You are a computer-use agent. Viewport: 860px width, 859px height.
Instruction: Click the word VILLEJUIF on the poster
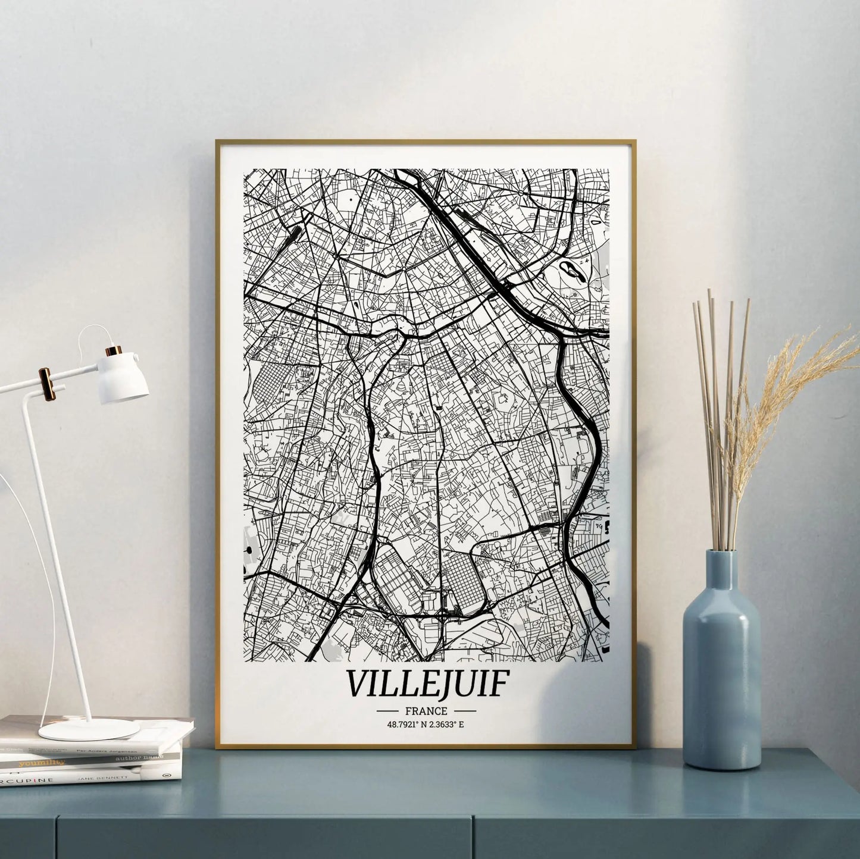pyautogui.click(x=427, y=684)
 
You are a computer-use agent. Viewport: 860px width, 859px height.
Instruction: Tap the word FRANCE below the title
pyautogui.click(x=426, y=711)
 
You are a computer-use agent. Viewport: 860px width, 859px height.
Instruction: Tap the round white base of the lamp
pyautogui.click(x=89, y=729)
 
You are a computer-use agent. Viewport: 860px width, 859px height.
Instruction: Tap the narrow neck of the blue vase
pyautogui.click(x=721, y=568)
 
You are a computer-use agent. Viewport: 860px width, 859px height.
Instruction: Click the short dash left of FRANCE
pyautogui.click(x=387, y=711)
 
